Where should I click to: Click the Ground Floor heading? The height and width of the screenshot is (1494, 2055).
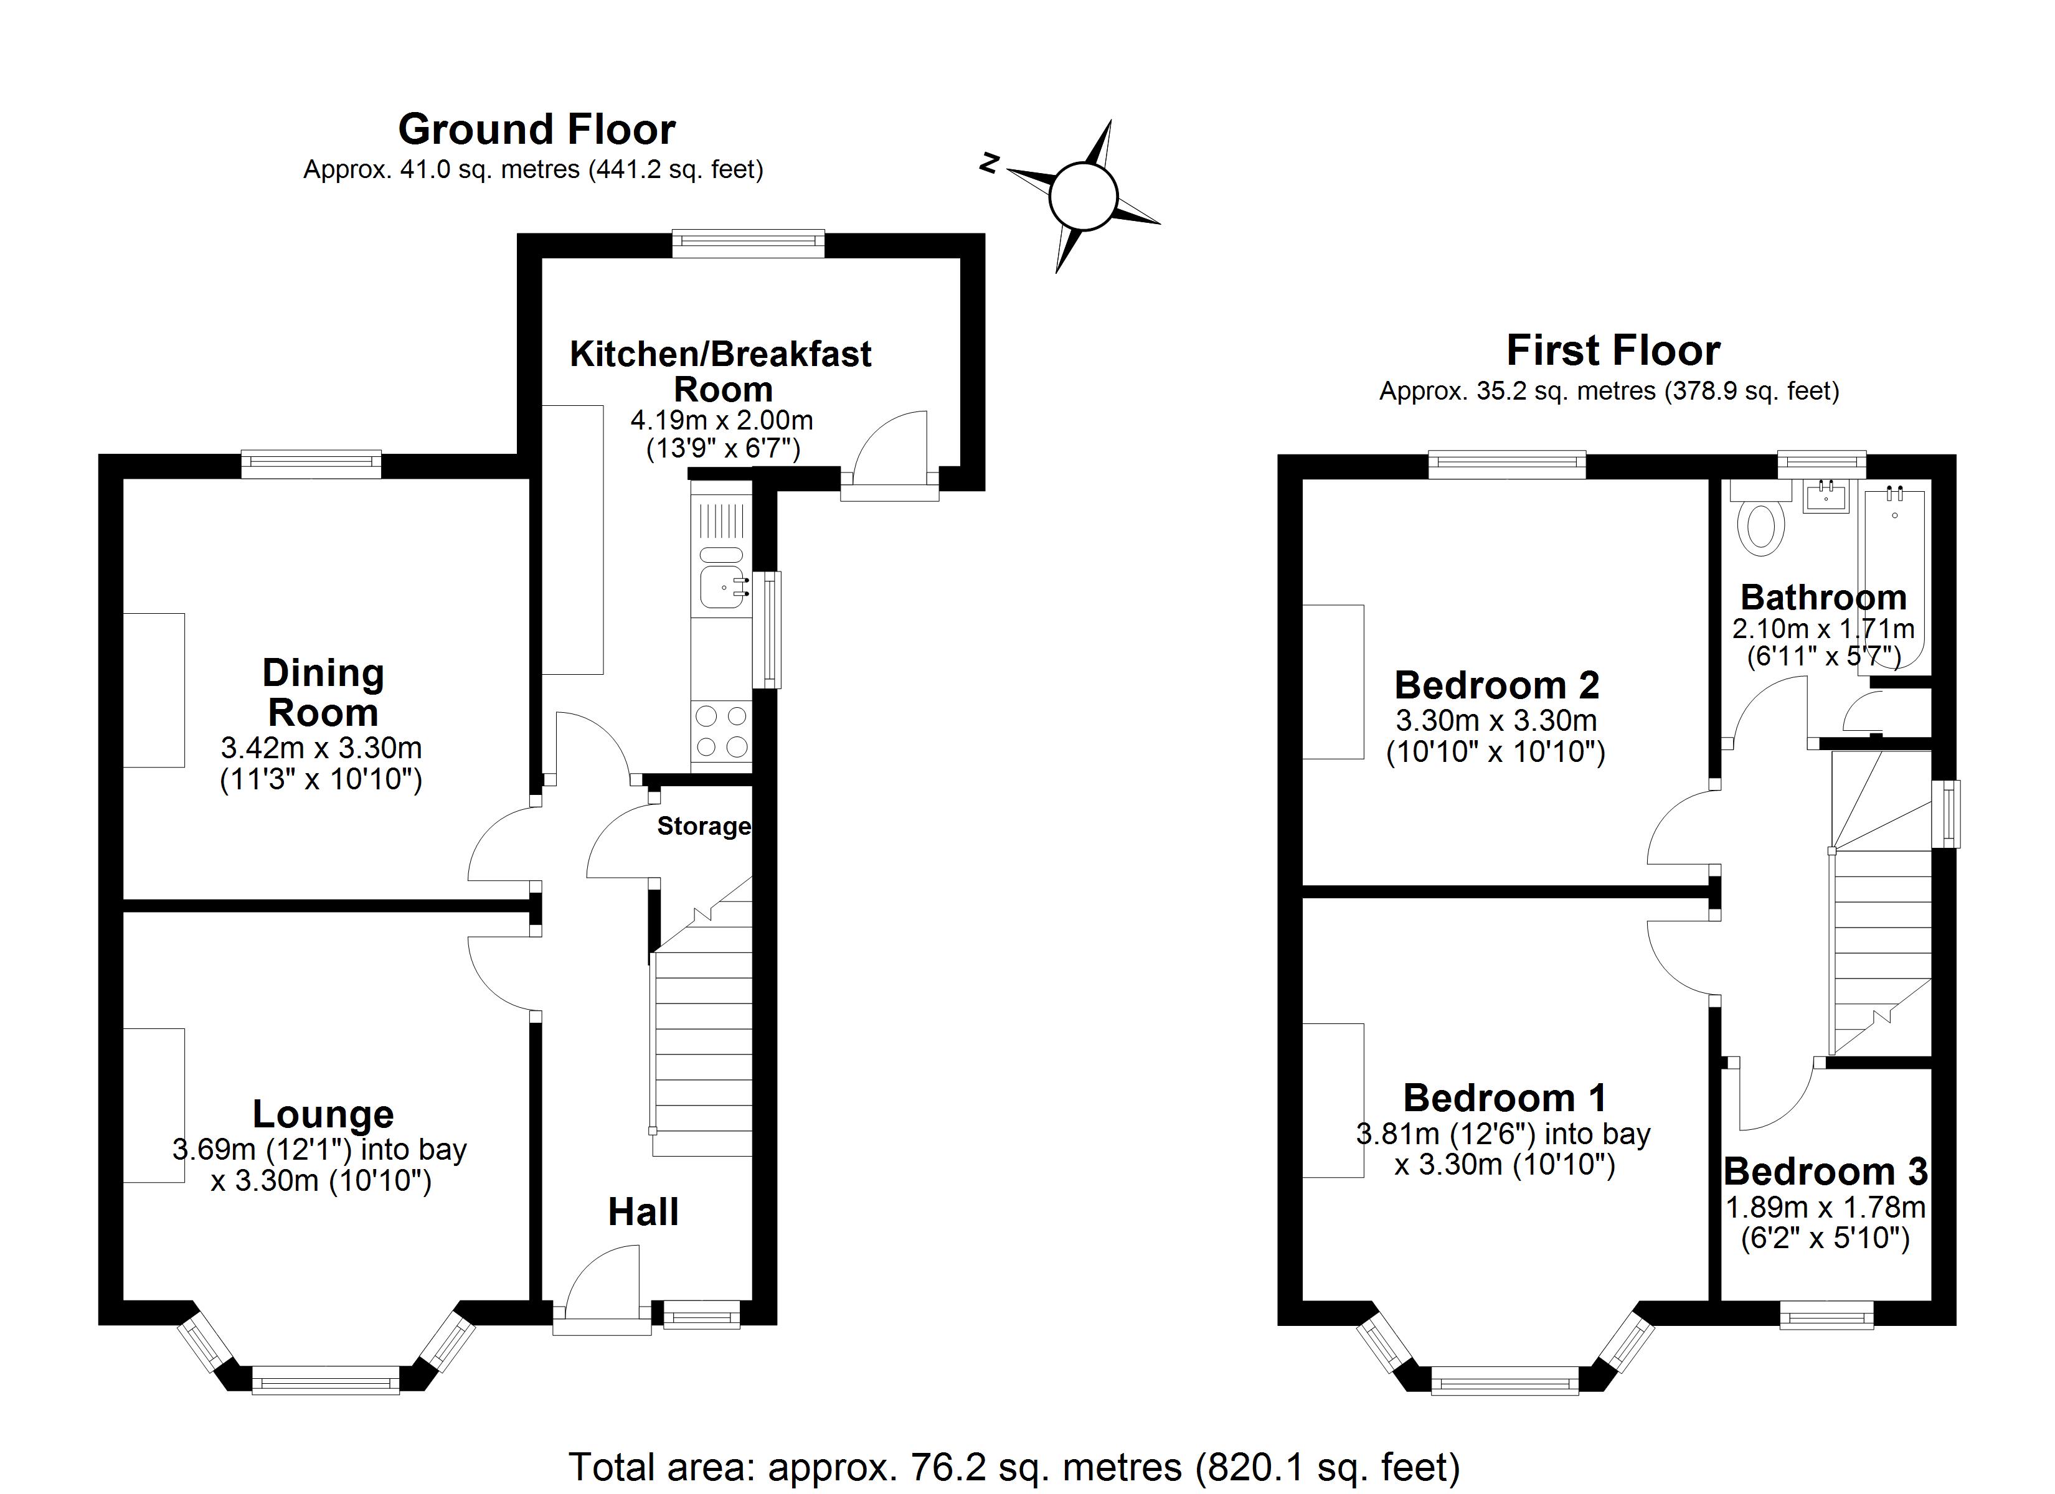(x=536, y=129)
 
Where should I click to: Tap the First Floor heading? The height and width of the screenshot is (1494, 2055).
(x=1613, y=350)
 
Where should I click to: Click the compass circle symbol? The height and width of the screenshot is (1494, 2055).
(x=1083, y=195)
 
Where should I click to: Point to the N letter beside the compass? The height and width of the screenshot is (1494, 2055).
(x=990, y=163)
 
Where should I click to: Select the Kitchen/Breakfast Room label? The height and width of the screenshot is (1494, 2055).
(x=721, y=372)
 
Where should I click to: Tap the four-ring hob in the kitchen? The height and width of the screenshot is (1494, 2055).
(x=721, y=731)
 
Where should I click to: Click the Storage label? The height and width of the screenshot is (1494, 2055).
(x=703, y=826)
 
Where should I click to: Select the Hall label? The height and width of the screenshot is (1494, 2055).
(x=643, y=1212)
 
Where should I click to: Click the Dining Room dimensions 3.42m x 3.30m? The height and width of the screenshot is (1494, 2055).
(x=322, y=748)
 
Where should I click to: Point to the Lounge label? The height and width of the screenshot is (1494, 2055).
(x=323, y=1114)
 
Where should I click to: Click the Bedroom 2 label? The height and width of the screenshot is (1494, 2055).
(x=1497, y=685)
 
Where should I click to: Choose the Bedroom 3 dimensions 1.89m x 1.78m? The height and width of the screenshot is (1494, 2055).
(x=1825, y=1208)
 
